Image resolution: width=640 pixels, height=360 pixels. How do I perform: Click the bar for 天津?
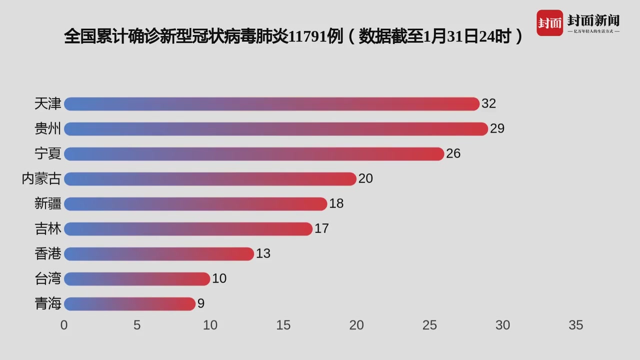[x=271, y=104]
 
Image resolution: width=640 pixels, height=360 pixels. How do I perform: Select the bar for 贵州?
[x=275, y=129]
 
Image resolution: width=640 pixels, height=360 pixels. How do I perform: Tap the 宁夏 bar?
[x=254, y=154]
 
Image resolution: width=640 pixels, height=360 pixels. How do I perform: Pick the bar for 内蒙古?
[x=210, y=179]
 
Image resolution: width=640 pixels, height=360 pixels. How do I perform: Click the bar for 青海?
[x=129, y=304]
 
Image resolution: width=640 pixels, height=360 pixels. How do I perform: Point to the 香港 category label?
[x=48, y=254]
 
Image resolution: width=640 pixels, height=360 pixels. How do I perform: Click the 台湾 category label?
[x=48, y=279]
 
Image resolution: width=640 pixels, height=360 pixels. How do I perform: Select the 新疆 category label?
[x=48, y=204]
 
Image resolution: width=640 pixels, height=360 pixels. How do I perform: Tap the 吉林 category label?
[x=48, y=229]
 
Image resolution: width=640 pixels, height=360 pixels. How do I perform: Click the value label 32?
[x=488, y=104]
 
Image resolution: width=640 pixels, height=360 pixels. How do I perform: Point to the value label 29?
[x=497, y=129]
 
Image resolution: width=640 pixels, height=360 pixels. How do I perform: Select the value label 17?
[x=321, y=229]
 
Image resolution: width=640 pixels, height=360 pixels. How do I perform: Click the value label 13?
[x=263, y=254]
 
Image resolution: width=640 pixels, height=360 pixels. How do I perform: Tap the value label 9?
[x=201, y=304]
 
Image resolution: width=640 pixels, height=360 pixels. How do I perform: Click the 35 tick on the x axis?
[x=575, y=325]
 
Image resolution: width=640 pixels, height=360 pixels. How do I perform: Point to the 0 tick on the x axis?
[x=64, y=325]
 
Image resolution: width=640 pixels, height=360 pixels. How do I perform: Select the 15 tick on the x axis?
[x=283, y=325]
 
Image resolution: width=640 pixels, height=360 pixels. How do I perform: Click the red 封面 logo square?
[x=549, y=23]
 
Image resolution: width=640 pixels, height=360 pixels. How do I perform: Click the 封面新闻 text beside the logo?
[x=593, y=20]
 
